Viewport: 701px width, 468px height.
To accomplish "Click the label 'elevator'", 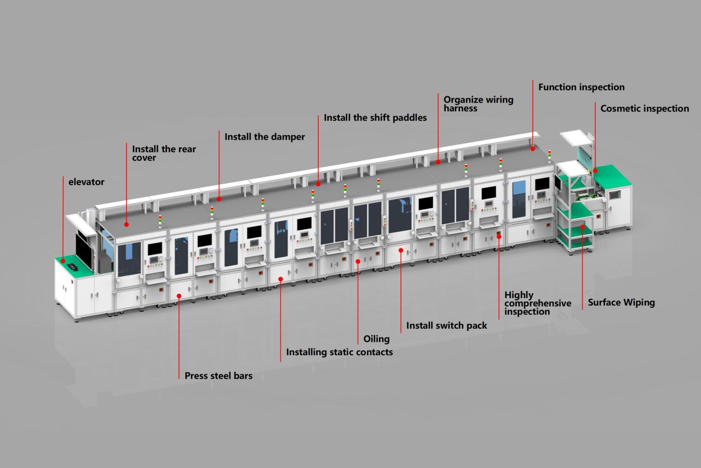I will pos(86,181).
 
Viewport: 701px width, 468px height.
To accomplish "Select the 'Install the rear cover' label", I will pos(164,153).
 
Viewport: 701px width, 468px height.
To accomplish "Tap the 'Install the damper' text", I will pos(265,136).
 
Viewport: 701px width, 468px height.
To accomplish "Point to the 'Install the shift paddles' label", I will pos(375,118).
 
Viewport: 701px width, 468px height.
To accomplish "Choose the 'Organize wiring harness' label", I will pos(478,104).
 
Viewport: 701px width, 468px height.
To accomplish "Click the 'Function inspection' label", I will pos(581,87).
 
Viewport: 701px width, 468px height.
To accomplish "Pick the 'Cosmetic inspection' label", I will pos(645,109).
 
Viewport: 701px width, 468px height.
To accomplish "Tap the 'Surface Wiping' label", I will pos(621,303).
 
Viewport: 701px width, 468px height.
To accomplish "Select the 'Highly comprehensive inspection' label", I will pos(537,303).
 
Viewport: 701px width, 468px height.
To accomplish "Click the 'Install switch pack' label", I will pos(446,326).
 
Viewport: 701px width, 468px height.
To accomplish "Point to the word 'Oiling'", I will pos(376,339).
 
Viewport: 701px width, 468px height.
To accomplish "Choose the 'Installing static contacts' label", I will pos(339,352).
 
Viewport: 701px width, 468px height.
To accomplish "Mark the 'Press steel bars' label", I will pos(219,376).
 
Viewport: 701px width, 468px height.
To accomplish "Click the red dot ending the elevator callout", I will pos(63,260).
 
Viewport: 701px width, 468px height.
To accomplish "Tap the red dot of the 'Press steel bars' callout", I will pos(179,296).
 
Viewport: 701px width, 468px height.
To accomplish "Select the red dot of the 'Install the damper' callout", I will pos(219,199).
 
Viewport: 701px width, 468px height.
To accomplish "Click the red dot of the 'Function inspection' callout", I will pos(532,148).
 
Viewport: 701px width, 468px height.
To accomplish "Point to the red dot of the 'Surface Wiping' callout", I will pos(582,226).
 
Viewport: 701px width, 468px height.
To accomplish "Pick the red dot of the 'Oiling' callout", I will pos(358,261).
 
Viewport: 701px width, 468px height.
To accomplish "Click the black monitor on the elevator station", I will pos(84,250).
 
